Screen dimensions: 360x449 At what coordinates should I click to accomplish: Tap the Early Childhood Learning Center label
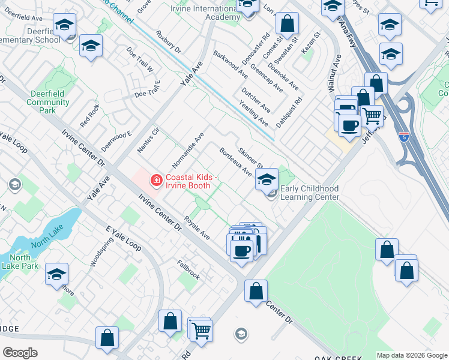[x=310, y=193]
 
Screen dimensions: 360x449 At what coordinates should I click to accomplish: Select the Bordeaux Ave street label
[x=235, y=162]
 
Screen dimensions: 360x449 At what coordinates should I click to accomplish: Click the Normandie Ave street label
[x=188, y=150]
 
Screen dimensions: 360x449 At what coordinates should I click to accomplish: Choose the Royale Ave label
[x=197, y=227]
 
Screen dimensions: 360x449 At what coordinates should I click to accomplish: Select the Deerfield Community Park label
[x=48, y=102]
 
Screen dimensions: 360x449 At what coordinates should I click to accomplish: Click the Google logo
[x=20, y=352]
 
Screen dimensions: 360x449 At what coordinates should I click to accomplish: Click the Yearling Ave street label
[x=253, y=113]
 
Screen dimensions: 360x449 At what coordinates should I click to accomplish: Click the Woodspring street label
[x=101, y=253]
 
